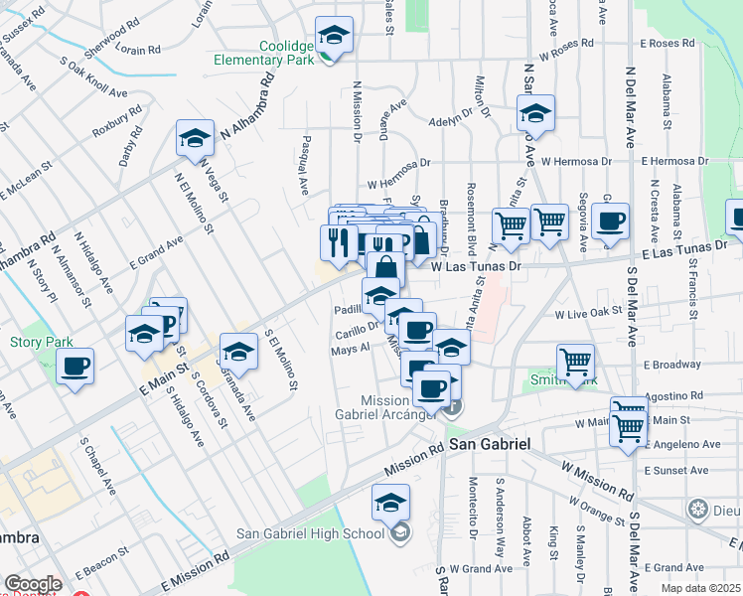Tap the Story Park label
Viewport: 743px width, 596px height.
coord(41,343)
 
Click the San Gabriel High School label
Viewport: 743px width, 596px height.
coord(309,533)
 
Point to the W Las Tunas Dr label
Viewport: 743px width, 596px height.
coord(476,266)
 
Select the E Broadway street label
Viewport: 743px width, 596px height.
coord(671,365)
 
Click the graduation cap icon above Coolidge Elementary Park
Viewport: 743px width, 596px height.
coord(335,36)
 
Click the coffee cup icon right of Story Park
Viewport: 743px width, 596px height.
coord(75,367)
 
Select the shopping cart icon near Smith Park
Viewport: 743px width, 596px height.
coord(576,364)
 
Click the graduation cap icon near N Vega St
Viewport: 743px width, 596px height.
coord(196,139)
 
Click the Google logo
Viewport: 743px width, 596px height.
coord(33,584)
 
